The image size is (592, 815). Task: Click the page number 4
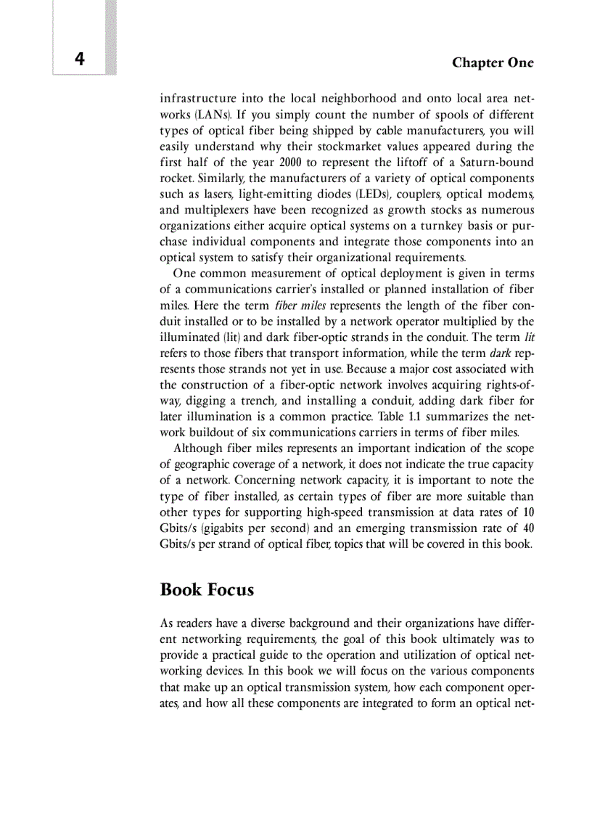point(79,60)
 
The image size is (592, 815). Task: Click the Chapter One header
point(493,62)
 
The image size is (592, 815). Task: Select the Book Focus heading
point(207,589)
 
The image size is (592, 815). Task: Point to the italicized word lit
point(529,338)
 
